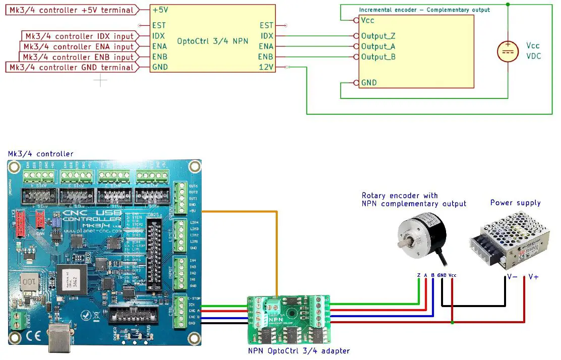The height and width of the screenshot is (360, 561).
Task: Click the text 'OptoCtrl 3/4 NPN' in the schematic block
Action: coord(212,41)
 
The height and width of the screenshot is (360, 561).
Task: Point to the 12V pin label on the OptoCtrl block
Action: coord(266,67)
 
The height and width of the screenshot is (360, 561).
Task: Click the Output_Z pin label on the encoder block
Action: coord(379,36)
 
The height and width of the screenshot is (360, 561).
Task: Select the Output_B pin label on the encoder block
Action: coord(379,57)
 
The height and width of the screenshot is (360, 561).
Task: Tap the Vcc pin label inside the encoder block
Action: coord(367,21)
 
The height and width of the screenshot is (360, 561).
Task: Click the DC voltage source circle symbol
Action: coord(508,51)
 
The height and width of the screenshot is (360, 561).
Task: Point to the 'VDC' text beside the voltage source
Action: coord(533,56)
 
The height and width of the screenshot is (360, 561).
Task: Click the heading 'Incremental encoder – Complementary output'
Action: coord(424,10)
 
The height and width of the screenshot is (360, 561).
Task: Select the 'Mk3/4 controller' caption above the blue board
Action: coord(40,154)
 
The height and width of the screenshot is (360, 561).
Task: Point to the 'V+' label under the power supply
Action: coord(533,276)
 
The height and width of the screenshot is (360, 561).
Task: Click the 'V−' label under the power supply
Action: coord(512,276)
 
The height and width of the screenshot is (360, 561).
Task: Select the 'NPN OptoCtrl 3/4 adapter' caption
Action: coord(298,351)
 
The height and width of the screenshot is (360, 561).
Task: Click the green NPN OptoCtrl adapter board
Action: coord(288,318)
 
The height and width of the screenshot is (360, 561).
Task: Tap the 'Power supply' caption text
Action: coord(515,203)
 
